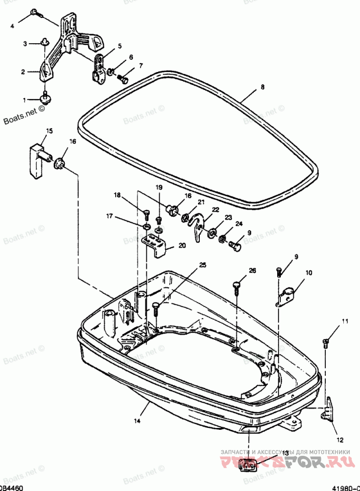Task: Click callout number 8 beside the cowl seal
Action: [263, 88]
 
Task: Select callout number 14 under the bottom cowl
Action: [137, 421]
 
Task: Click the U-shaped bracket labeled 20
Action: [157, 247]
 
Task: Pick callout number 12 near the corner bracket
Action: [340, 440]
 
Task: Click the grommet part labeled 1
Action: [45, 98]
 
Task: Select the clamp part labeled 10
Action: [286, 295]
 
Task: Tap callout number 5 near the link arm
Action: [120, 46]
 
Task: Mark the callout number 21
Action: [201, 202]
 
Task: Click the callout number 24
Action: [238, 224]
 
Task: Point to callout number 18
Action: [117, 195]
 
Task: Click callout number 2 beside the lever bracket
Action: [22, 71]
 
